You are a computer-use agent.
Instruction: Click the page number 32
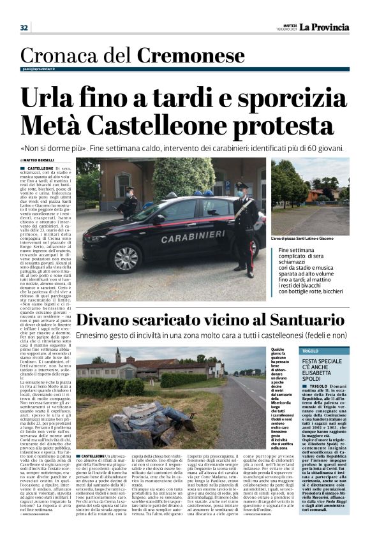[24, 27]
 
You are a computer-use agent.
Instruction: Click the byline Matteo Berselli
[38, 160]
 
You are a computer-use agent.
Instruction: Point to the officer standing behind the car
[129, 203]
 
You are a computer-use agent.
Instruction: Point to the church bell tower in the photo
[118, 355]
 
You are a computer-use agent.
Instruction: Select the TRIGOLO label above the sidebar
[311, 351]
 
